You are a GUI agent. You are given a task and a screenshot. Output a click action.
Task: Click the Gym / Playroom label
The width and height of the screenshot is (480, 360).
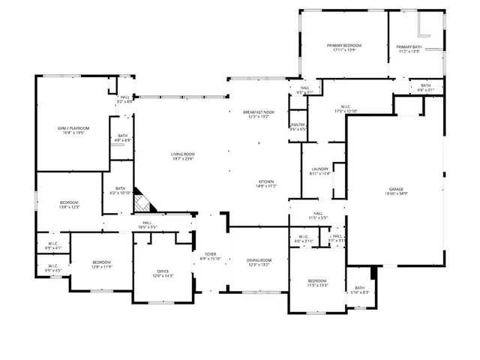[73, 130]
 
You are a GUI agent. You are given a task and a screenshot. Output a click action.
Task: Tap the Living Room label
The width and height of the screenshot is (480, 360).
[182, 156]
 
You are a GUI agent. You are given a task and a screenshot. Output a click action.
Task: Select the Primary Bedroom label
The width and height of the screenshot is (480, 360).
[344, 48]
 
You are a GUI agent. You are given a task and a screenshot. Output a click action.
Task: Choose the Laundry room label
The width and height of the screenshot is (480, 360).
[319, 171]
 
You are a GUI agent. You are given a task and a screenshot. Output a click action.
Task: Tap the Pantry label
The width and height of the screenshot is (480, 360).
[298, 127]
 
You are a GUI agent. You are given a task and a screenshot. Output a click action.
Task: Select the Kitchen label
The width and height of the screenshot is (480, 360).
[266, 184]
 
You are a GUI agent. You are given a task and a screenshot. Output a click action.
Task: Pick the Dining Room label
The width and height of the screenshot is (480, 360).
[259, 262]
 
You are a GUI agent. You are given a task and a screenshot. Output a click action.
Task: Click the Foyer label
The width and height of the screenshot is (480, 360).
[211, 256]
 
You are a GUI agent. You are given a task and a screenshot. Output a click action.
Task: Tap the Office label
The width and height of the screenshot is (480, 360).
[163, 274]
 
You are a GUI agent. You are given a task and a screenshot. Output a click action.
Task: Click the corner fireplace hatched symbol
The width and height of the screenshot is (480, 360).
[142, 201]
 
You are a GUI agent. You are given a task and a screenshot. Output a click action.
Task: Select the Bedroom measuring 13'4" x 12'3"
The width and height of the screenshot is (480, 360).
[70, 205]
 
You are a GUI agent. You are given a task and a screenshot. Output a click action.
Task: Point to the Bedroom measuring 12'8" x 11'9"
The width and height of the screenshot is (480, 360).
[101, 264]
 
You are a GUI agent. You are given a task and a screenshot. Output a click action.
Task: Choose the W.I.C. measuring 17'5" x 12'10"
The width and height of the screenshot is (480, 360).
[346, 109]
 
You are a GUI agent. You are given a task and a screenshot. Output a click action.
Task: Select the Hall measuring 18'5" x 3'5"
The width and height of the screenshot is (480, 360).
[147, 224]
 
